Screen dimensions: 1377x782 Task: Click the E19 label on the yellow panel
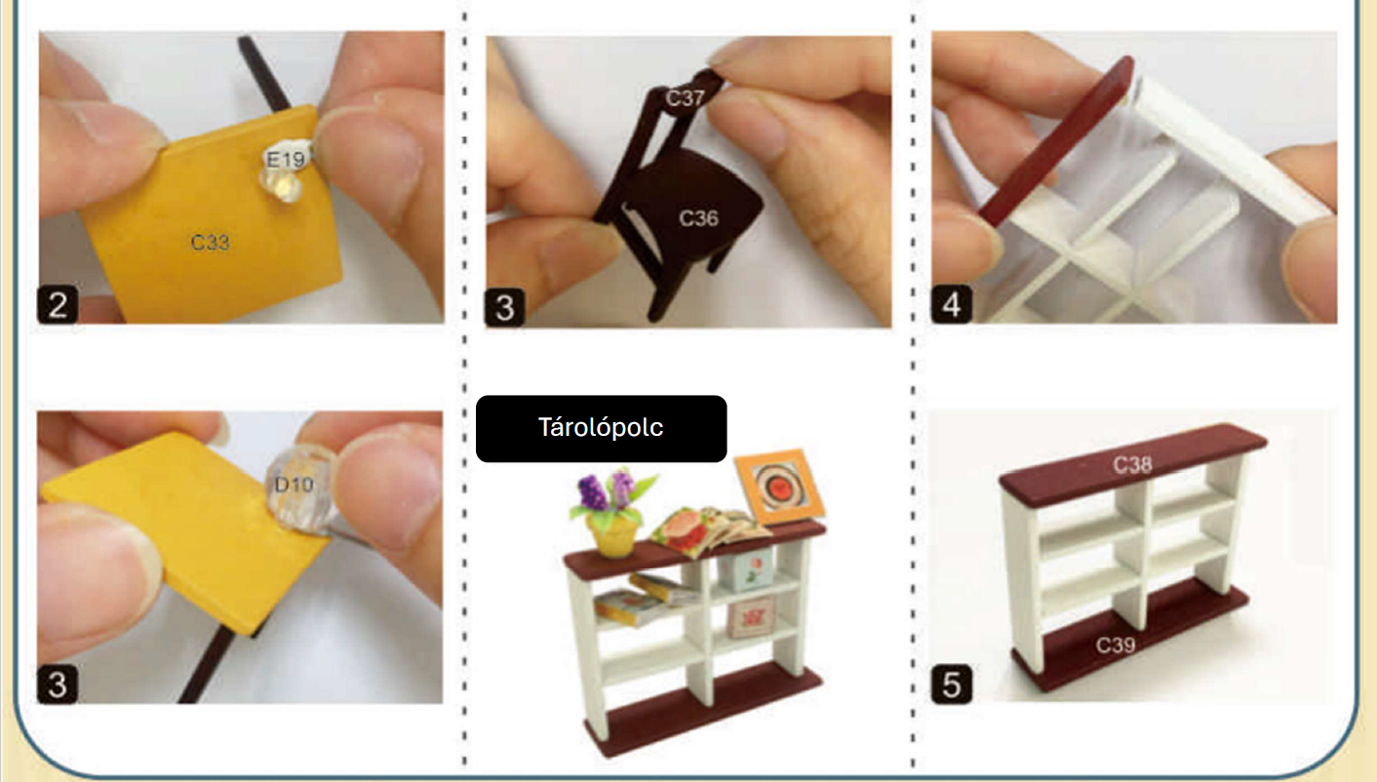[x=285, y=160]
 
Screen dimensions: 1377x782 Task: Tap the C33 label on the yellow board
[x=211, y=242]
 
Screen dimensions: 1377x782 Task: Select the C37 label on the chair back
[x=685, y=98]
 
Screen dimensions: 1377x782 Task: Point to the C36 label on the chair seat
[x=698, y=217]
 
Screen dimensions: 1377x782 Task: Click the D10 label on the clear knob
[x=294, y=485]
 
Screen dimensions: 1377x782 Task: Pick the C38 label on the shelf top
[x=1132, y=465]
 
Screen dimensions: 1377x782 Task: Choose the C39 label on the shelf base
[x=1116, y=645]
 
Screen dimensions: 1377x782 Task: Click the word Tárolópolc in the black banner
[x=601, y=427]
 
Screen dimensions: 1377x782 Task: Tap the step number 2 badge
[x=58, y=304]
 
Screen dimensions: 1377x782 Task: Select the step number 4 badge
[x=952, y=303]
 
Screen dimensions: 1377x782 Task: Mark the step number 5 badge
[x=952, y=684]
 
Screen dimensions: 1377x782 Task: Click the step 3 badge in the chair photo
[x=505, y=307]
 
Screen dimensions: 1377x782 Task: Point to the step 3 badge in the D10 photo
[x=58, y=684]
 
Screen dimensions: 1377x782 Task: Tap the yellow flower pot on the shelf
[x=612, y=535]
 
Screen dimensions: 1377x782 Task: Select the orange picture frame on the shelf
[x=779, y=486]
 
